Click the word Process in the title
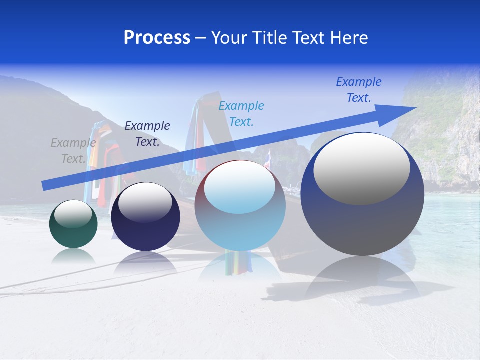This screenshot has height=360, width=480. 157,38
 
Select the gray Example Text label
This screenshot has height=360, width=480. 73,151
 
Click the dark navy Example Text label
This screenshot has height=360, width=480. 147,134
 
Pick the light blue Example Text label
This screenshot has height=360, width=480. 241,114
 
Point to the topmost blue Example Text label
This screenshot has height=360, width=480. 359,90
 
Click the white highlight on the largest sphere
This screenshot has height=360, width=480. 361,168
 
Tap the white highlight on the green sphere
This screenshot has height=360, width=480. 73,214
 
